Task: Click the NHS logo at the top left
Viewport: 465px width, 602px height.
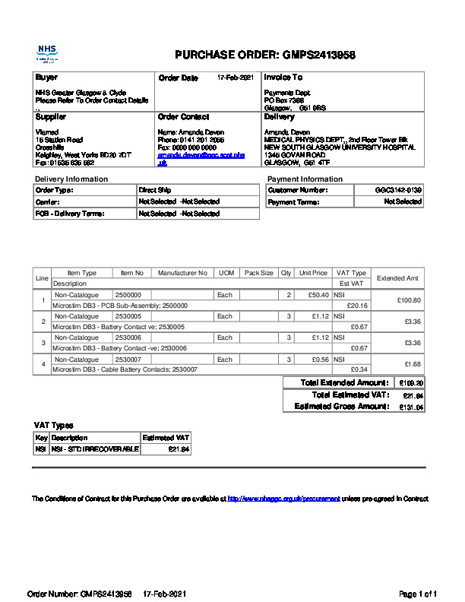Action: pos(47,53)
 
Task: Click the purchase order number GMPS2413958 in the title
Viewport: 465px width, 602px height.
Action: pos(319,55)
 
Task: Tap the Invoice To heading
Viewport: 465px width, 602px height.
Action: pos(283,78)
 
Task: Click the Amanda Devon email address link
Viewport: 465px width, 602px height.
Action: pos(201,159)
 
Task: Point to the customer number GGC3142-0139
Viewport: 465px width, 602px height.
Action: pos(398,190)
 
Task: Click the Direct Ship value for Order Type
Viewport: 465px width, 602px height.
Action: pos(154,190)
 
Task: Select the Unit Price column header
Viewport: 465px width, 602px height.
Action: pos(313,273)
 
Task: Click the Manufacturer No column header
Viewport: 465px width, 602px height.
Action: pos(182,273)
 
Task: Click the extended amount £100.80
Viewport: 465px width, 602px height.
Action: pos(408,300)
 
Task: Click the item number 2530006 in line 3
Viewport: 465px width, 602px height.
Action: pos(128,337)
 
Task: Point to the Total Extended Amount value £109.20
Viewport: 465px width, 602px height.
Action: pos(411,383)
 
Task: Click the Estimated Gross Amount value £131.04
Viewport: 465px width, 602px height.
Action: pos(411,407)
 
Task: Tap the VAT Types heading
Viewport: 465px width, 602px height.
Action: pos(54,426)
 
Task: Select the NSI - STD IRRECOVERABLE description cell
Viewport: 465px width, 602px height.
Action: pos(95,450)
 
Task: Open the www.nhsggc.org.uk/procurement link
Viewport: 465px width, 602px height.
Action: pos(283,499)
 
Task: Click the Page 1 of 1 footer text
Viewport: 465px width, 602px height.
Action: pos(418,593)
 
